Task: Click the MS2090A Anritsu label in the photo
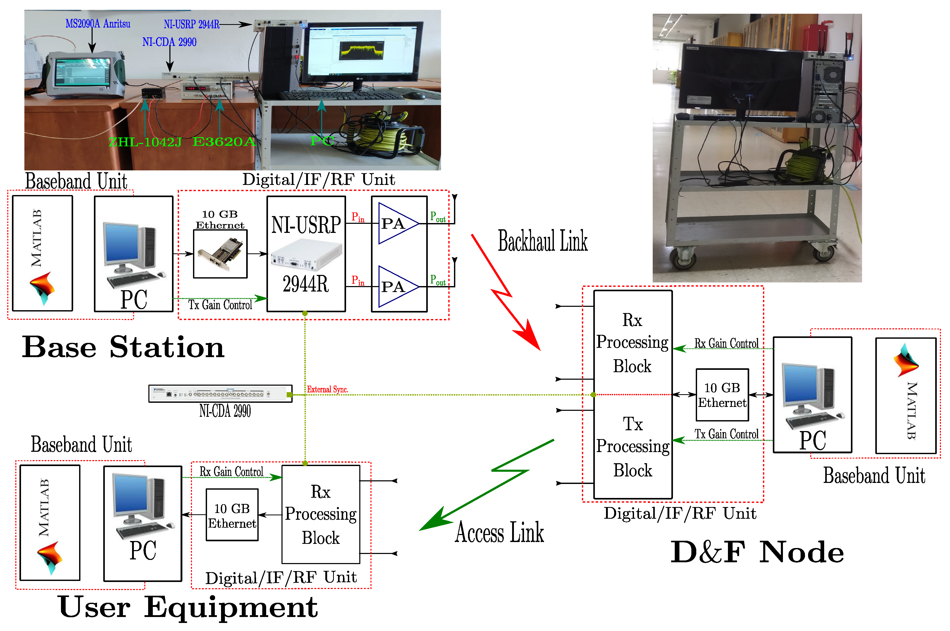98,24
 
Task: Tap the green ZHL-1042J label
145,142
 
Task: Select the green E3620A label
224,141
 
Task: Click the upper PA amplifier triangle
396,223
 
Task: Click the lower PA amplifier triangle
396,287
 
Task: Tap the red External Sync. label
327,389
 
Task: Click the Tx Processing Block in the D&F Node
632,447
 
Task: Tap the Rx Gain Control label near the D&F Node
726,343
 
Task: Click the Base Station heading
123,347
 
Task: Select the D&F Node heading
757,552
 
